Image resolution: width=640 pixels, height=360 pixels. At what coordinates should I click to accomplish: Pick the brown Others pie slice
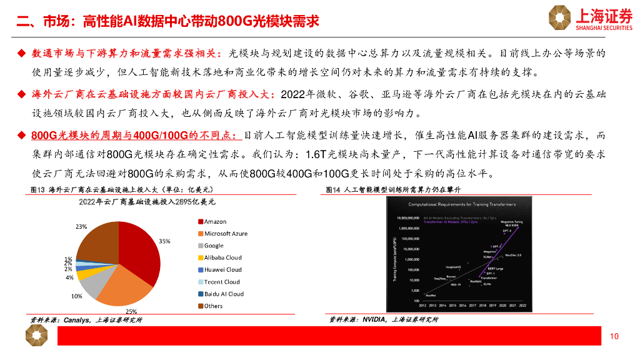pyautogui.click(x=97, y=241)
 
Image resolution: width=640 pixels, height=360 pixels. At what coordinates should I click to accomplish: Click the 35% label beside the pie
pyautogui.click(x=164, y=241)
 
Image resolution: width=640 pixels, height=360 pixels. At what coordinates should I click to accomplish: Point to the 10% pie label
pyautogui.click(x=77, y=296)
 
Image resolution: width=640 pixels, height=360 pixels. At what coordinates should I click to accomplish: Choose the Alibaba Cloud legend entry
pyautogui.click(x=222, y=257)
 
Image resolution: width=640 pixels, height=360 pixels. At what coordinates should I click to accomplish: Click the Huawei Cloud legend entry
pyautogui.click(x=222, y=270)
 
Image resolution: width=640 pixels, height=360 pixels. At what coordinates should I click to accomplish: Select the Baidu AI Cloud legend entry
pyautogui.click(x=224, y=294)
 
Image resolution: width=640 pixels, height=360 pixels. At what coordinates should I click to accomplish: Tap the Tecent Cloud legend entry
pyautogui.click(x=222, y=282)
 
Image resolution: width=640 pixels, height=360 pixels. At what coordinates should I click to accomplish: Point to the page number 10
pyautogui.click(x=614, y=337)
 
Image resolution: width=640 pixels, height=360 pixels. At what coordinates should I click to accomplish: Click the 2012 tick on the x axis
pyautogui.click(x=423, y=306)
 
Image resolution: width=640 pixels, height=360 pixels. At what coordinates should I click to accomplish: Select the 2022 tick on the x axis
pyautogui.click(x=522, y=306)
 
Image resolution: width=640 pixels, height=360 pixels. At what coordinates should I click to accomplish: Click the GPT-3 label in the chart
pyautogui.click(x=507, y=231)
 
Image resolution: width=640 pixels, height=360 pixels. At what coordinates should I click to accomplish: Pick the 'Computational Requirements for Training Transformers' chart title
pyautogui.click(x=463, y=204)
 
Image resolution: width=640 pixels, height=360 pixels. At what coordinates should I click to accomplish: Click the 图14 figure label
pyautogui.click(x=332, y=189)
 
